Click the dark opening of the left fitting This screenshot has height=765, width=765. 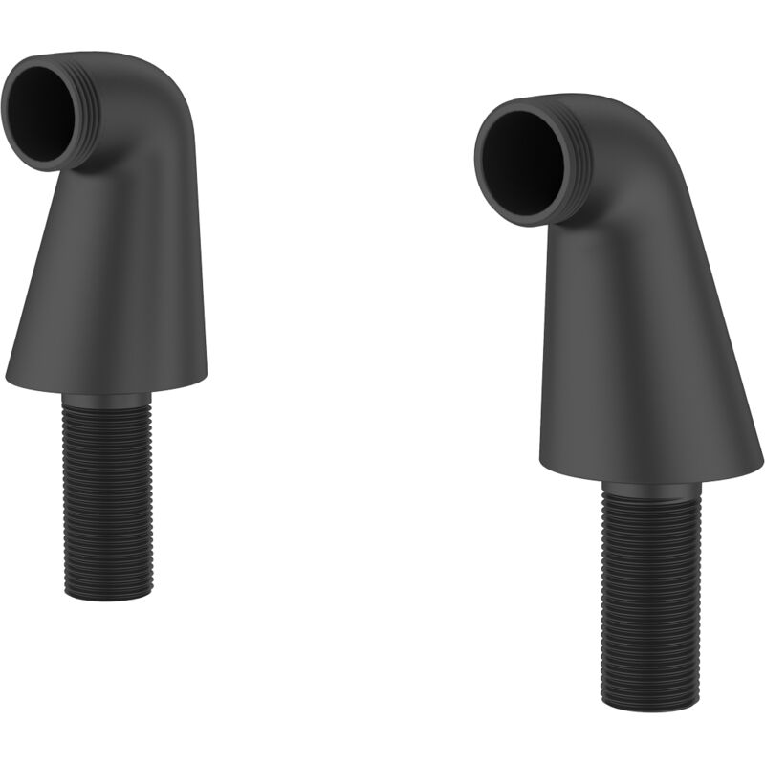point(43,112)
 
